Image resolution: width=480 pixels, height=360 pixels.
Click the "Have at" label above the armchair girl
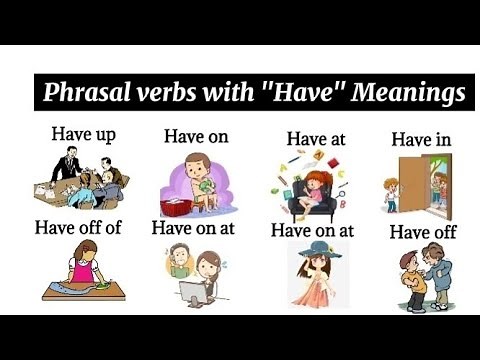coord(315,139)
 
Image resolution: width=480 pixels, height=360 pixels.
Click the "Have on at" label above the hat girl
coord(312,230)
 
